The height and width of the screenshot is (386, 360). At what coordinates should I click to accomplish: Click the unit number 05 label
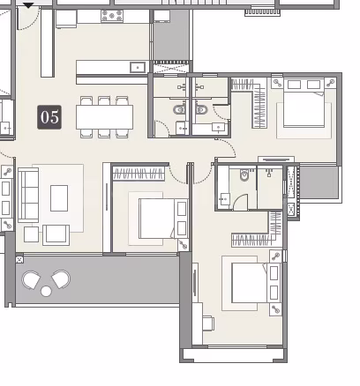click(49, 117)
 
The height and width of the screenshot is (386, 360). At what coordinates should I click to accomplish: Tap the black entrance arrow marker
click(28, 5)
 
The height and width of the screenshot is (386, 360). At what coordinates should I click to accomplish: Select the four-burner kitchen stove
click(112, 16)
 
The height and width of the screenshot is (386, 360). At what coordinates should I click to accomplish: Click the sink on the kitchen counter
click(138, 67)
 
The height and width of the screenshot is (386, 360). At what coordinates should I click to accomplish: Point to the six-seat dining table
click(104, 117)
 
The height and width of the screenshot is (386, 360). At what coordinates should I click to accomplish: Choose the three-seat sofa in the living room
click(28, 195)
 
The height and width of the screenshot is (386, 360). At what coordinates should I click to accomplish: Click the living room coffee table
click(59, 198)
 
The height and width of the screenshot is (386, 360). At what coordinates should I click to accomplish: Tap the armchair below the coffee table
click(56, 235)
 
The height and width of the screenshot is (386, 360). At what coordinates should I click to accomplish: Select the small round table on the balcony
click(46, 291)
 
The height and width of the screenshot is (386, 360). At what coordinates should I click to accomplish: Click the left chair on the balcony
click(31, 280)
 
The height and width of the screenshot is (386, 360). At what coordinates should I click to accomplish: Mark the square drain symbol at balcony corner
click(19, 260)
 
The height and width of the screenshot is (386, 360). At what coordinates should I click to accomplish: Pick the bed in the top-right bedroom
click(304, 103)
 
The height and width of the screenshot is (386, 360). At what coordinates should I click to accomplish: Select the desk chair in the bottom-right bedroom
click(208, 323)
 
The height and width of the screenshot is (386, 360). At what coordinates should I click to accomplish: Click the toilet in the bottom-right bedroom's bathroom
click(244, 174)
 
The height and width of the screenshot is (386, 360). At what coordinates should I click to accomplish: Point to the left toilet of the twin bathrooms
click(179, 110)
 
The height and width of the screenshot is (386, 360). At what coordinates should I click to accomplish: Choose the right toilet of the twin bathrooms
click(201, 110)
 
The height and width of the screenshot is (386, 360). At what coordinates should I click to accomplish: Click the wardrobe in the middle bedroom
click(139, 174)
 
